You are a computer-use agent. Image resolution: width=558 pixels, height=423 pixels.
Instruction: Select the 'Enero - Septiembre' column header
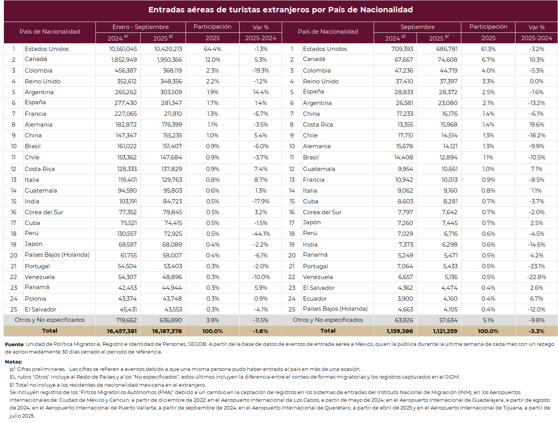point(140,27)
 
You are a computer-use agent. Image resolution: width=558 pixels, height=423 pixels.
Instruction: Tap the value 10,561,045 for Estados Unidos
point(123,49)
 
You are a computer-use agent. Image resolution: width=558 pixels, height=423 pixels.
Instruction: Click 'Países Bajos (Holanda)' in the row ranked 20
point(57,255)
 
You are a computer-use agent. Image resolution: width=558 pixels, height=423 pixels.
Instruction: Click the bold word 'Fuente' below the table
point(14,344)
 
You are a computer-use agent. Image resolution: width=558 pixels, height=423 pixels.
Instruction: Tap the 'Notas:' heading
point(14,362)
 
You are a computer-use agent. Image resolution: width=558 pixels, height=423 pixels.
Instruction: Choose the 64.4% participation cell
point(213,49)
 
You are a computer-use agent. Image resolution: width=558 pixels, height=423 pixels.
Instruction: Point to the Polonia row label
point(35,299)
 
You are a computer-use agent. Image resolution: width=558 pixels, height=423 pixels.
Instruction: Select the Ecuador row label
point(315,299)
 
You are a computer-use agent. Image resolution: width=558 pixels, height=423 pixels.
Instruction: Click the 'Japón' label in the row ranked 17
point(311,222)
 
